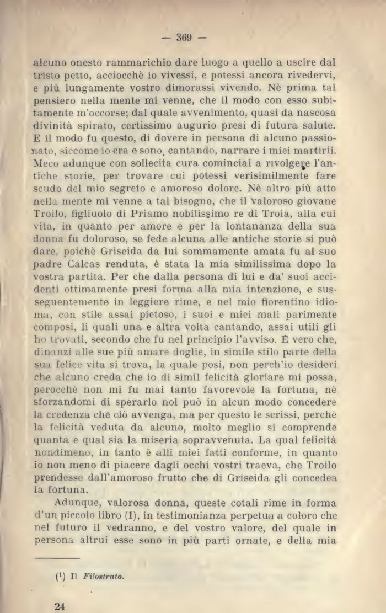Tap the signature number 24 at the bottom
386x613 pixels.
(x=61, y=606)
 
